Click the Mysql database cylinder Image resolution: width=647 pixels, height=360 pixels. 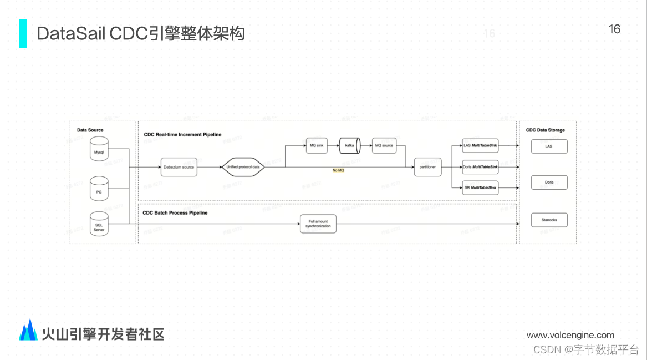coord(99,149)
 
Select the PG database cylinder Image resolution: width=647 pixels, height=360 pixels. coord(99,189)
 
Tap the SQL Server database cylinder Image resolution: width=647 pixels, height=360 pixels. coord(99,224)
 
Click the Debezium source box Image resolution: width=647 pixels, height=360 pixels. coord(179,166)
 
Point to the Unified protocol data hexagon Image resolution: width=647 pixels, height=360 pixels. coord(243,166)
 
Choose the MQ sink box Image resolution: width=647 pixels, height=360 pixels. coord(316,145)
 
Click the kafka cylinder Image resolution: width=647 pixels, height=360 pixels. coord(350,145)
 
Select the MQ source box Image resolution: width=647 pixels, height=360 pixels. coord(384,145)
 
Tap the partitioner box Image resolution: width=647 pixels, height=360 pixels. coord(427,166)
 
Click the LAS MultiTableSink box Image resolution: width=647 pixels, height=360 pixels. coord(481,145)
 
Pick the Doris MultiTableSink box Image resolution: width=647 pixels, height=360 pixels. coord(481,166)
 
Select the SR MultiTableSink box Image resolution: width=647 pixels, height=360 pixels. coord(481,189)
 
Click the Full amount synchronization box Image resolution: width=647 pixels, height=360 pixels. coord(318,224)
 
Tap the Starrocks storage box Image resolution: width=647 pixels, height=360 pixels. coord(549,220)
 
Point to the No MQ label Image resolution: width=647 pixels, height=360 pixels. coord(338,170)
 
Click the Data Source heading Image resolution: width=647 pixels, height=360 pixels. coord(90,130)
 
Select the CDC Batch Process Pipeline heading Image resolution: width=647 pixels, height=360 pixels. coord(175,212)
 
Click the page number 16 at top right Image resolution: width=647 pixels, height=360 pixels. coord(614,29)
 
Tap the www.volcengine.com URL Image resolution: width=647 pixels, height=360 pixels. coord(570,335)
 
